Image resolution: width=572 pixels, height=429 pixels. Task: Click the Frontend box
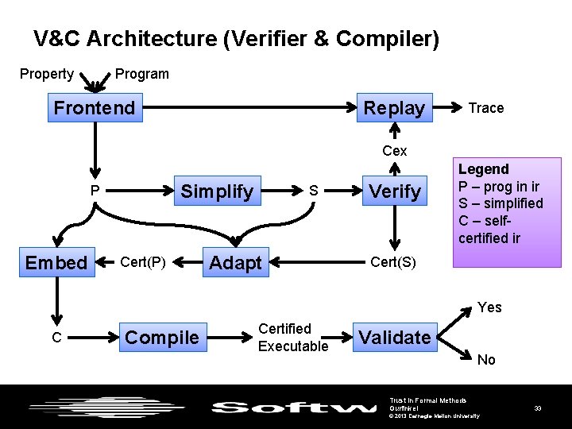pos(95,108)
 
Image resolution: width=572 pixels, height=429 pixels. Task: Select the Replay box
pos(394,108)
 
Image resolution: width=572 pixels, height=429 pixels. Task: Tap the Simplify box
pos(217,191)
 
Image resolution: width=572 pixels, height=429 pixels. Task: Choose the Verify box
pos(395,191)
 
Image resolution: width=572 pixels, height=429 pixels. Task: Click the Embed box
pos(56,263)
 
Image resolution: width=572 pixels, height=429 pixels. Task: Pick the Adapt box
pos(235,263)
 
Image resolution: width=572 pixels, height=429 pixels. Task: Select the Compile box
pos(162,337)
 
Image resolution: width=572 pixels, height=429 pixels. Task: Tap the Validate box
pos(394,337)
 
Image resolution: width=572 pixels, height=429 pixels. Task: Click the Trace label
pos(486,108)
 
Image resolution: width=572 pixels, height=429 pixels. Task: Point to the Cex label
pos(394,151)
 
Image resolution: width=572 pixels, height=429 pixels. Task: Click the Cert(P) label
pos(143,262)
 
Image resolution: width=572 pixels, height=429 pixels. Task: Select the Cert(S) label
pos(393,262)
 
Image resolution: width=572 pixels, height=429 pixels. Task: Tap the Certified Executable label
pos(292,338)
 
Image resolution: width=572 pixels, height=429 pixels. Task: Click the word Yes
pos(489,307)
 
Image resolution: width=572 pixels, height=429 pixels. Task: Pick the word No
pos(486,360)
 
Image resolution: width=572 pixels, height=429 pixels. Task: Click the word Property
pos(47,74)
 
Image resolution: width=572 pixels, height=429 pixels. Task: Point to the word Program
pos(142,74)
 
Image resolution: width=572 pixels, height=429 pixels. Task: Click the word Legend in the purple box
pos(483,169)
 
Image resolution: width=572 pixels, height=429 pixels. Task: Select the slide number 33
pos(538,408)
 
